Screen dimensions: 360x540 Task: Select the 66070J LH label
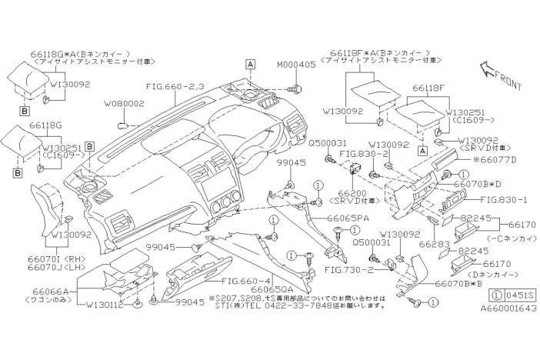[x=52, y=267]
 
